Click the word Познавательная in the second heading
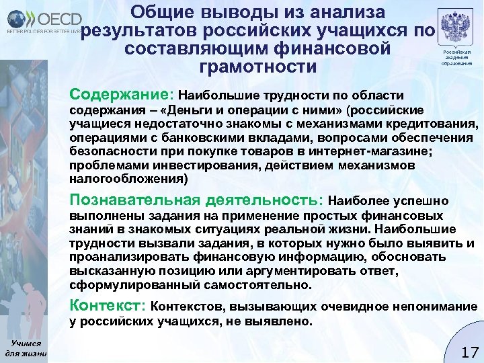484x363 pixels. point(134,200)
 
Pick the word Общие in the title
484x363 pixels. point(161,12)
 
